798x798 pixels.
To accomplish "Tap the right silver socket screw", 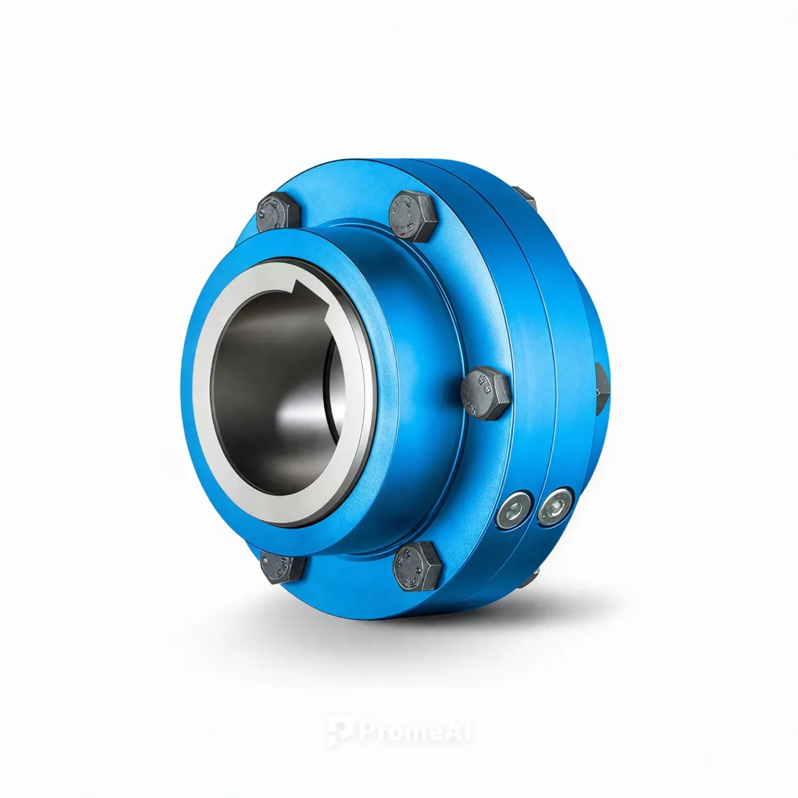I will click(555, 506).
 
